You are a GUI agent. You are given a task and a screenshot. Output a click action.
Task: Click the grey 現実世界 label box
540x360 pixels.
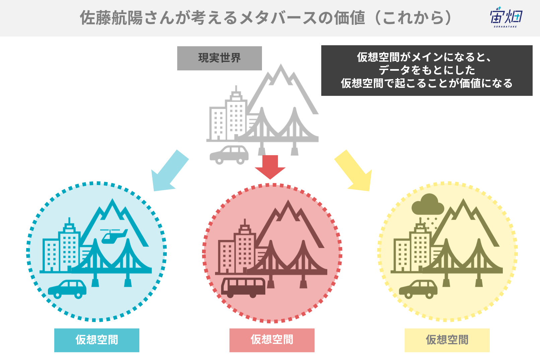coord(219,58)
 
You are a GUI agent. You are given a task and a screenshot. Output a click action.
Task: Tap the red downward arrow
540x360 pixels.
coord(270,167)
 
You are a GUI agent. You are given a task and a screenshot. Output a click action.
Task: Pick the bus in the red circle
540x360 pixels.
coord(243,288)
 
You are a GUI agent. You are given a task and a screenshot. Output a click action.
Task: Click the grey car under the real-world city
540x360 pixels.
coord(229,155)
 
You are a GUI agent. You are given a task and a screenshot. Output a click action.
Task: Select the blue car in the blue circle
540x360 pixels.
coord(67,289)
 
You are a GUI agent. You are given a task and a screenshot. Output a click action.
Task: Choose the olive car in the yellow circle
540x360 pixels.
coord(418,289)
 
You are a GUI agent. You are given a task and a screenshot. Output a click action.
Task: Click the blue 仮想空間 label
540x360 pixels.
coord(97,340)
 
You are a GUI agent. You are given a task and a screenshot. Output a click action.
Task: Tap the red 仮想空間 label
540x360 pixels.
coord(272,340)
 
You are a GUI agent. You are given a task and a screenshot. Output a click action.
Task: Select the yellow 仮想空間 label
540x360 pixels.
coord(447,340)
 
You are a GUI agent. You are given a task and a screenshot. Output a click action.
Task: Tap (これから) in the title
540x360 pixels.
coord(414,18)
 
